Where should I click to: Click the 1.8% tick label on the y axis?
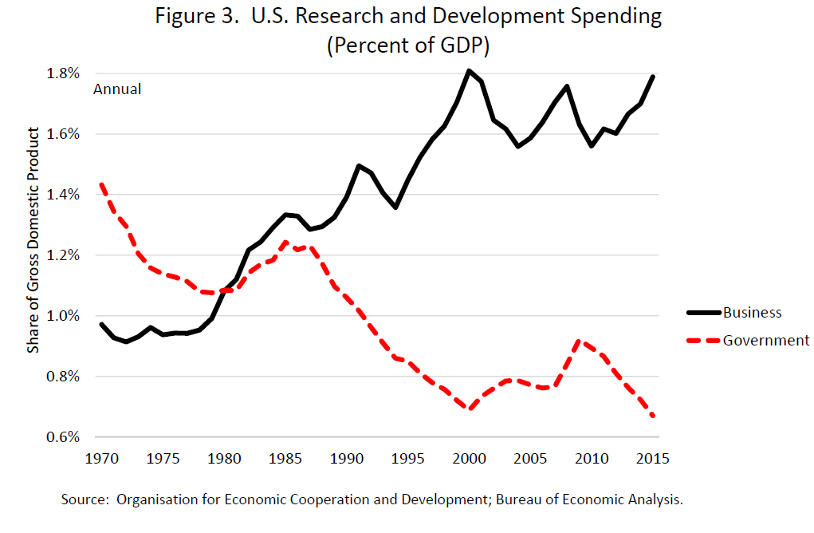point(64,73)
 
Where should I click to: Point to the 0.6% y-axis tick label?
point(64,437)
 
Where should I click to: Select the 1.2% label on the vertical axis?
point(64,255)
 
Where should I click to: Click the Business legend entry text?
point(752,313)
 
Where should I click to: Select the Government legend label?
point(765,340)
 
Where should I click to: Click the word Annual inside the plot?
point(117,89)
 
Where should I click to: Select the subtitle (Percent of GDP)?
point(407,45)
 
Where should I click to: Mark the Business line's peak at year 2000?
point(469,71)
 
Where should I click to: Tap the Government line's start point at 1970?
point(101,185)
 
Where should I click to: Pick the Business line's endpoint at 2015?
point(653,77)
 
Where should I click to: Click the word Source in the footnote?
point(85,500)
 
